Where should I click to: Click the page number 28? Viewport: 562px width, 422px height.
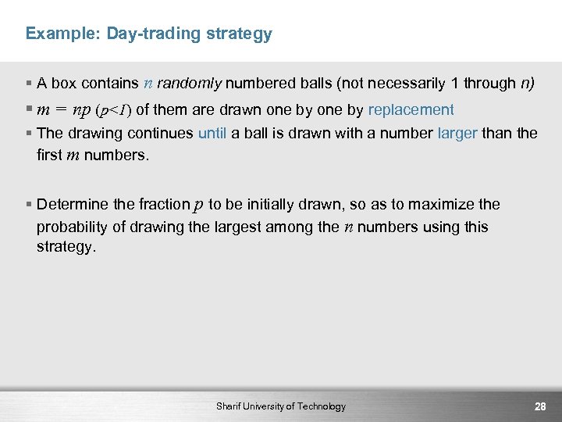point(539,406)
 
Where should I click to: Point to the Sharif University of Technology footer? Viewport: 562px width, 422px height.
point(281,406)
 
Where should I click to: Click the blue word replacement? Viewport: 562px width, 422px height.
point(411,109)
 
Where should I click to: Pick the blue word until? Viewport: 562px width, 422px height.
point(212,133)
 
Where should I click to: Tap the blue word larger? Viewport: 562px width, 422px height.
point(457,133)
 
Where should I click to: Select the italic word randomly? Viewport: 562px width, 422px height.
point(190,84)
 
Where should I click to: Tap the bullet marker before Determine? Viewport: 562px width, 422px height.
point(29,205)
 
